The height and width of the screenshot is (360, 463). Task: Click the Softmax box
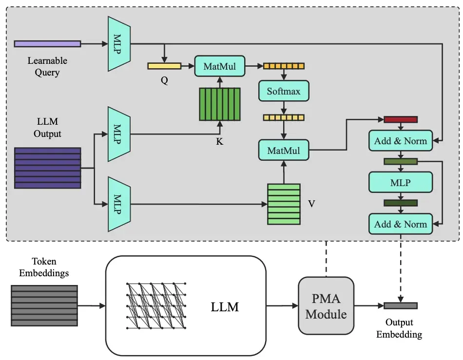283,91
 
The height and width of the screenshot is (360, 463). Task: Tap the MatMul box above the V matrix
283,150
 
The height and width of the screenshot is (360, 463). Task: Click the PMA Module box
326,305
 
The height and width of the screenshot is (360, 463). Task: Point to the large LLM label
225,307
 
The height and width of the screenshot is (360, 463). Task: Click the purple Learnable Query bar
47,44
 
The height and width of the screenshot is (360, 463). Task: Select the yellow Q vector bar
164,66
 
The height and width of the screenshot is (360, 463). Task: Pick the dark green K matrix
220,104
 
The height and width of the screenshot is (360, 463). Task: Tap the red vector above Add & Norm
401,119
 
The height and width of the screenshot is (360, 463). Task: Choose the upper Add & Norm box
401,141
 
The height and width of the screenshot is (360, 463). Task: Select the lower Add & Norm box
401,224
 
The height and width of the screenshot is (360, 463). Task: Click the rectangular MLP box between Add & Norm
401,182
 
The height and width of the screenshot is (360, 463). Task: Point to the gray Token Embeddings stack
44,305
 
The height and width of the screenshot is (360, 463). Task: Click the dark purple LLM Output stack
47,168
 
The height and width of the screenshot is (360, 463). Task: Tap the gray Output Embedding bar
401,306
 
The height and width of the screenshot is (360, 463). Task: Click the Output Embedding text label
401,328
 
